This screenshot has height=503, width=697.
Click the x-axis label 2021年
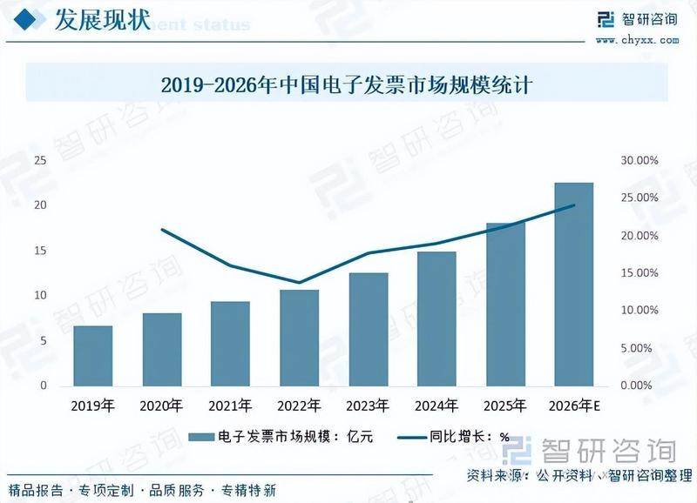[231, 406]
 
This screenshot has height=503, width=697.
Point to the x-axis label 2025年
[505, 406]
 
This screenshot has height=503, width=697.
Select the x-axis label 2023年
[369, 406]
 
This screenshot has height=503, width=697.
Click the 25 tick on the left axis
[41, 161]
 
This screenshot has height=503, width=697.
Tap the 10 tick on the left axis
[41, 296]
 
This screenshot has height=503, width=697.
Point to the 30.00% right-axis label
[639, 161]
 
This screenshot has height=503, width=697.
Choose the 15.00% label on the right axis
[639, 273]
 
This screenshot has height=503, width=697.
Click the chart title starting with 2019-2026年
[346, 85]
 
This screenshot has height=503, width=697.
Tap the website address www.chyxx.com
[637, 39]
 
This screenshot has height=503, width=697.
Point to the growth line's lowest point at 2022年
[300, 283]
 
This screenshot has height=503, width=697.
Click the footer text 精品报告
[34, 490]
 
